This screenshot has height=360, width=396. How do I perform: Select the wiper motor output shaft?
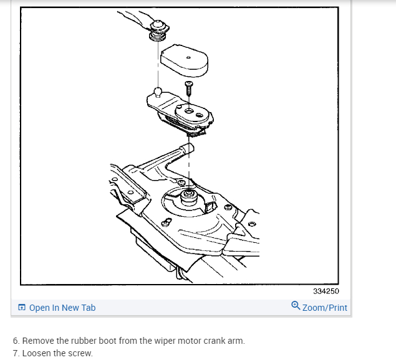click(188, 197)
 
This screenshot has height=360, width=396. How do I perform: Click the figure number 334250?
click(326, 291)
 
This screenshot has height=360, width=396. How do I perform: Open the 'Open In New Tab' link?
click(62, 308)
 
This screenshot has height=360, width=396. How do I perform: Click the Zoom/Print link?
click(324, 308)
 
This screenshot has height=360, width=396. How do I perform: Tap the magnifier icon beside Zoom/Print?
click(295, 306)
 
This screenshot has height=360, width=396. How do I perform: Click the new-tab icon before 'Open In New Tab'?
click(22, 308)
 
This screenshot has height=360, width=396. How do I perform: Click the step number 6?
click(16, 341)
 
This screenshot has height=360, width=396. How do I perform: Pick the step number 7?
click(16, 353)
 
